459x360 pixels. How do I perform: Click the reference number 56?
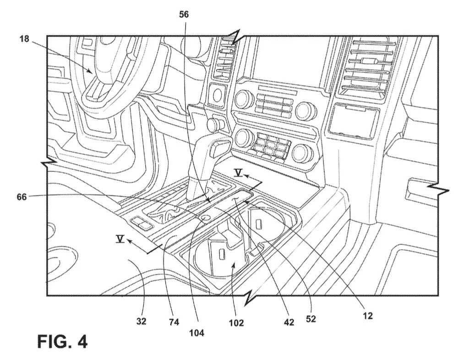coord(184,14)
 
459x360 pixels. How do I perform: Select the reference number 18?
coord(25,38)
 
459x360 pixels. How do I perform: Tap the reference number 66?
coord(22,197)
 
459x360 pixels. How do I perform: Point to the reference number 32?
coord(142,322)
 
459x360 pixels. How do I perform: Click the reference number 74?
coord(174,322)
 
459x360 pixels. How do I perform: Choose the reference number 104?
coord(197,333)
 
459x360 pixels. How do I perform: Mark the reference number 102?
coord(236,323)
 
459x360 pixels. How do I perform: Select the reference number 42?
coord(289,322)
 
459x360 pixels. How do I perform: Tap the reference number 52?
coord(311,319)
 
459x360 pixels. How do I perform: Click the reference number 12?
coord(368,316)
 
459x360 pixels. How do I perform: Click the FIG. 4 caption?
coord(62,341)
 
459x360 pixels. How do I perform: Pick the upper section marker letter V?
coord(239,173)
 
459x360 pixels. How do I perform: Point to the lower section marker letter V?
coord(120,239)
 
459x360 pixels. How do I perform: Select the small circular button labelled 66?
coord(205,218)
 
